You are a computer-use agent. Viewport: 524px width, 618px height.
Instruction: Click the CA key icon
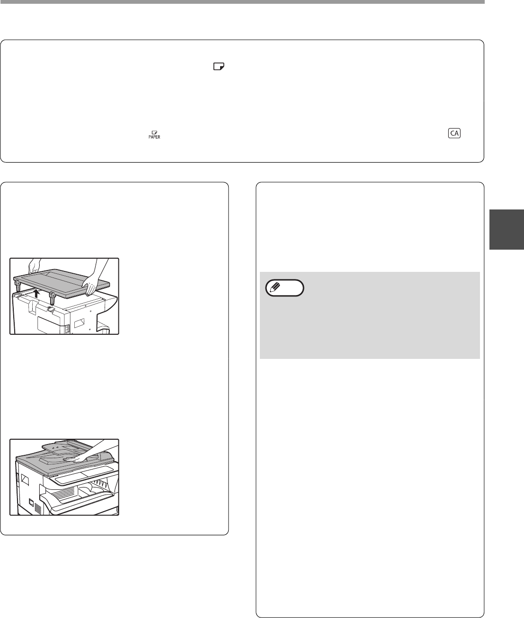[454, 133]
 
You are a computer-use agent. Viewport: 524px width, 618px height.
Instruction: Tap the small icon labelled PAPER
[154, 135]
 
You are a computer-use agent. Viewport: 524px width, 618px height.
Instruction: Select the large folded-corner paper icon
[219, 66]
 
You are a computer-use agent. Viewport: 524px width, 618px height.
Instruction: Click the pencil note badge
[284, 288]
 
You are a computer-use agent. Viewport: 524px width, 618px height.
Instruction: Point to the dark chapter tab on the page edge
[506, 229]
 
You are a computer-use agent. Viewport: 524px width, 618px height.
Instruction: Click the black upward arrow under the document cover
[37, 293]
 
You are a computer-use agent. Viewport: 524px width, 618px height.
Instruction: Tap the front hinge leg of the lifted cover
[52, 298]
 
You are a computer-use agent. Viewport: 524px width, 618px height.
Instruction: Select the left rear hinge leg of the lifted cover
[17, 286]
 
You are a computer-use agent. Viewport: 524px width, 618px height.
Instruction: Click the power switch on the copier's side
[68, 328]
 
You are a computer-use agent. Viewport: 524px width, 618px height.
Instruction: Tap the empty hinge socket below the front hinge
[51, 309]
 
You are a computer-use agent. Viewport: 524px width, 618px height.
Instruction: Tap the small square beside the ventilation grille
[31, 502]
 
